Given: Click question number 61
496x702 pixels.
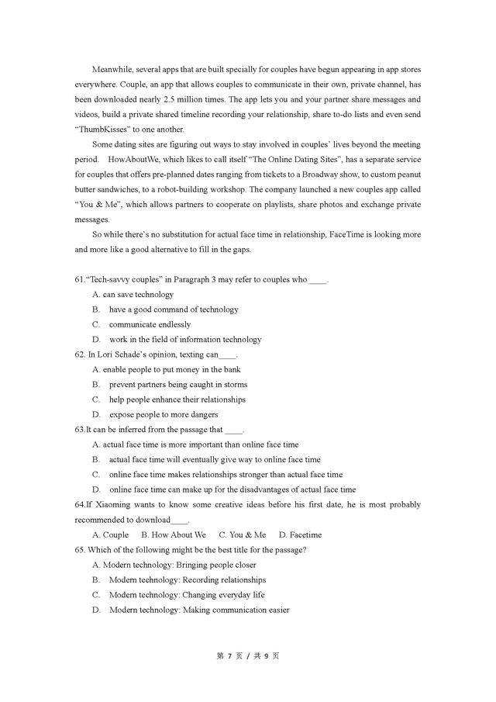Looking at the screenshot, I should tap(80, 279).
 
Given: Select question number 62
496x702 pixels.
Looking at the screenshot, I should tap(80, 354).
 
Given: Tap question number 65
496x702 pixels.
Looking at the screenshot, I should tap(81, 550).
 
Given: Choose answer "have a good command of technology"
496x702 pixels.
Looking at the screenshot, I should tap(174, 310).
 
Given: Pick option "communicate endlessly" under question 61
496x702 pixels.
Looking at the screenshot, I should tap(150, 324).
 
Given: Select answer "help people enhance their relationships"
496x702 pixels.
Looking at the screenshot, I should tap(177, 399).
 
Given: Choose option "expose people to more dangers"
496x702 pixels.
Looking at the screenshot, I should tap(164, 414).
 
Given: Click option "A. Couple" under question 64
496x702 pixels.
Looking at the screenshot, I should tap(110, 534).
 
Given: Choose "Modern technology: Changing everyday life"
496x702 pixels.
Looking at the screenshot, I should tap(187, 595).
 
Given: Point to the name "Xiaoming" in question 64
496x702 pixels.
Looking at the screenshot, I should tap(113, 505).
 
